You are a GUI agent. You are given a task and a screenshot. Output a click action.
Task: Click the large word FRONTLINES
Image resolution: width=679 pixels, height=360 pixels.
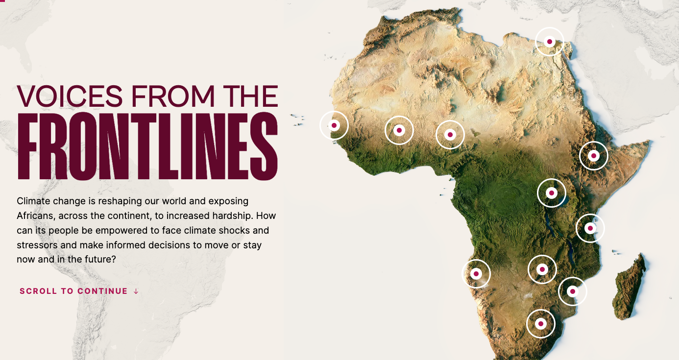[x=147, y=147]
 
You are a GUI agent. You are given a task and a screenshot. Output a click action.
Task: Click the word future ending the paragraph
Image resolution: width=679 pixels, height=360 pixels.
[x=101, y=260]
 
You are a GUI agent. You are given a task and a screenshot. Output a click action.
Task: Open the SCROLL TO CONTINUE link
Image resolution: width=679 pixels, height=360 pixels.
[x=73, y=291]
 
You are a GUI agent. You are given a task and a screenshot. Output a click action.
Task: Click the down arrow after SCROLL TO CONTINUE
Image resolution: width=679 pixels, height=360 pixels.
[x=136, y=291]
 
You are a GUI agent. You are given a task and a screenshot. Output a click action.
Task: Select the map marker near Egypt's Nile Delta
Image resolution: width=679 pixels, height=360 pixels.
[x=550, y=42]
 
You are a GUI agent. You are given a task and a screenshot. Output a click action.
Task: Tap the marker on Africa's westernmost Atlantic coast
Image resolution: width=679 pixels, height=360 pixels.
[x=334, y=125]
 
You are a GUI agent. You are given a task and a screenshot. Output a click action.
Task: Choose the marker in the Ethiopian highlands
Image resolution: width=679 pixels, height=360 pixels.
[x=594, y=156]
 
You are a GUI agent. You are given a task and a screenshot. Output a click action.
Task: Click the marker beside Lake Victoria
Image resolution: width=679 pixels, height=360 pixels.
[x=552, y=193]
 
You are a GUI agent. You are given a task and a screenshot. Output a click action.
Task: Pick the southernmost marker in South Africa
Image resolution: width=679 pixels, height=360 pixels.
[x=541, y=324]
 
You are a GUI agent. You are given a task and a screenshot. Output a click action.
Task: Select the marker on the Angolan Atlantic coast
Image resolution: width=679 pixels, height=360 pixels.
[x=476, y=273]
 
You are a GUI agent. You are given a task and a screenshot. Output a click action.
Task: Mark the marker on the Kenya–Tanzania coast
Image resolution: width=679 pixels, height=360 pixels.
[x=590, y=228]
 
